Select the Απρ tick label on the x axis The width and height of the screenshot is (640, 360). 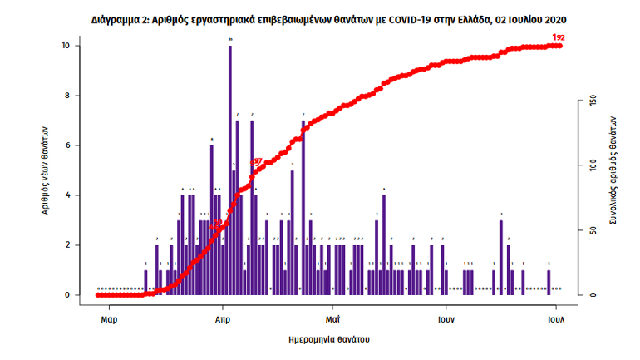click(223, 318)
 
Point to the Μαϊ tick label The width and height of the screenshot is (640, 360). click(332, 318)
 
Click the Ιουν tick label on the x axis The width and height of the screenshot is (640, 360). click(446, 318)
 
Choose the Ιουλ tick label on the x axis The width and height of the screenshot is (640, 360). click(556, 318)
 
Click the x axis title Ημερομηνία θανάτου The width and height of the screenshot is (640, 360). click(328, 339)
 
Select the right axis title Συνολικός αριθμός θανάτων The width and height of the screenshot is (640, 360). click(613, 170)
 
